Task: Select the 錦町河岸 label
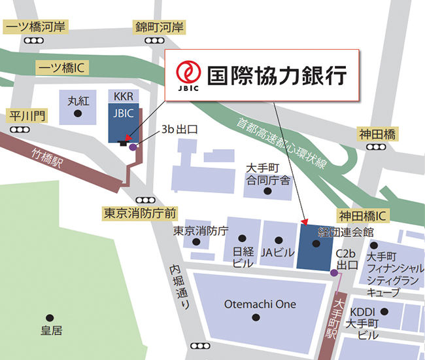coord(159,27)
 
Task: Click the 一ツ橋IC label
coord(63,67)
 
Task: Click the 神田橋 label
coord(377,134)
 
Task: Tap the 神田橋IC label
coord(363,215)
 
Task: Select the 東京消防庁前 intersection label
coord(140,213)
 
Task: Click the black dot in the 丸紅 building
coord(78,114)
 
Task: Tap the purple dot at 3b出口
coord(133,147)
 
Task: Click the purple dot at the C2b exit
coord(334,272)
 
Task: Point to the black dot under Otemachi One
coord(256,317)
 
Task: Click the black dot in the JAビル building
coord(279,240)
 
